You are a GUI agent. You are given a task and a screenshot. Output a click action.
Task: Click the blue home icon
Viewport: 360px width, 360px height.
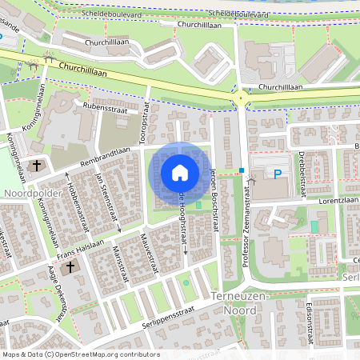click(180, 172)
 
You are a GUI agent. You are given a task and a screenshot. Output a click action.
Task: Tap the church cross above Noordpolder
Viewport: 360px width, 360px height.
click(37, 166)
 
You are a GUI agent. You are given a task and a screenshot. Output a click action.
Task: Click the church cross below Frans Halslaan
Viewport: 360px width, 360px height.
click(70, 268)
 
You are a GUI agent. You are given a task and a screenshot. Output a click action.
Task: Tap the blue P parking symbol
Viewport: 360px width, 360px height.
click(278, 174)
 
